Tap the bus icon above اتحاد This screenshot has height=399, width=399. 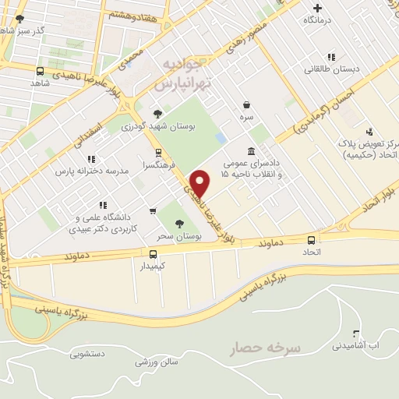[x=312, y=241]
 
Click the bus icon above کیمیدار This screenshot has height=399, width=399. [x=153, y=254]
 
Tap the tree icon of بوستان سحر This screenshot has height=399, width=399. [x=180, y=224]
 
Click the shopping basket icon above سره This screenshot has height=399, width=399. [x=247, y=104]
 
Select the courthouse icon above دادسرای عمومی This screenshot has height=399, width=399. [x=250, y=151]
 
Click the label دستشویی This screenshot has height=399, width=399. [x=86, y=355]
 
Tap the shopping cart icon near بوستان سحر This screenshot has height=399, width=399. [x=153, y=210]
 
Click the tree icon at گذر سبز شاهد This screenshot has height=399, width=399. [x=19, y=18]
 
